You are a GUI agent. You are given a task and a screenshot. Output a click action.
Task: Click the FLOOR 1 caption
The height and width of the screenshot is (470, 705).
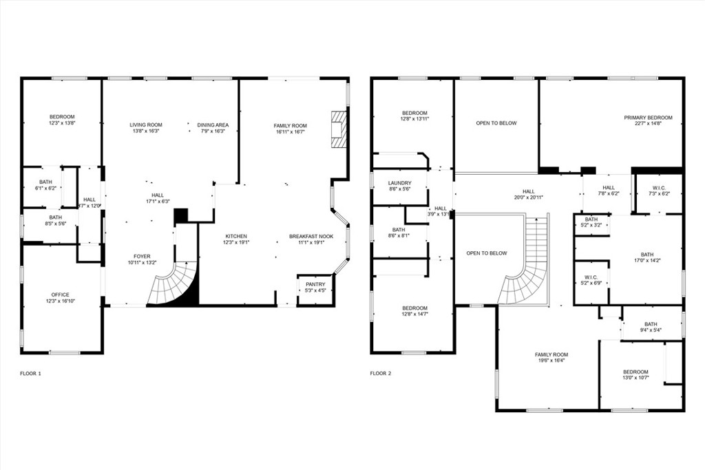point(30,374)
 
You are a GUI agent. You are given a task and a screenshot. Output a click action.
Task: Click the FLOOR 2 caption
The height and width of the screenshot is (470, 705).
point(380,374)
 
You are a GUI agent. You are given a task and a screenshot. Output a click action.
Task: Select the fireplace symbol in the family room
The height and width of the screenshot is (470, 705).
point(337,129)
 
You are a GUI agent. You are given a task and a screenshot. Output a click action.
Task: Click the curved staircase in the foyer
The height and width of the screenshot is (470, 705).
point(172,286)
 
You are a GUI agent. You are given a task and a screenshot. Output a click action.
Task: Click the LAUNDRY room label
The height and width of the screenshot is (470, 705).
point(400,183)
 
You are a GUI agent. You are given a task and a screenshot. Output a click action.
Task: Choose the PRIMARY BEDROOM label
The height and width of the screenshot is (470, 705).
point(648,118)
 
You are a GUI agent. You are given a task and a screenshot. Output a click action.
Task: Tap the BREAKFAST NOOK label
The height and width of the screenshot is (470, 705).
point(311,236)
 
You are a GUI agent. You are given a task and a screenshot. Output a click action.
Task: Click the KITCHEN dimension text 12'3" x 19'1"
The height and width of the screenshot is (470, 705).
point(235,243)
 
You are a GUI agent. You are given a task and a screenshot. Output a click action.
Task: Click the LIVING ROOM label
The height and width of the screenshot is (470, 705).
point(146,125)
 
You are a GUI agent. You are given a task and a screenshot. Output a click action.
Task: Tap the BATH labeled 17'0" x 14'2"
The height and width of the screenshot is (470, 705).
point(646,254)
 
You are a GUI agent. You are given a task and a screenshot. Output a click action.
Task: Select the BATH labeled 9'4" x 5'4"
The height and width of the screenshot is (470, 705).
point(651,324)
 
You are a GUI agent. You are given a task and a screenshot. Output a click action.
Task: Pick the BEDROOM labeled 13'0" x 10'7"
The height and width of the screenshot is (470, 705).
point(635,372)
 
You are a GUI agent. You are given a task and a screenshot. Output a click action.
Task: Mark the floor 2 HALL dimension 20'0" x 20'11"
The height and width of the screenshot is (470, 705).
point(528,198)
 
